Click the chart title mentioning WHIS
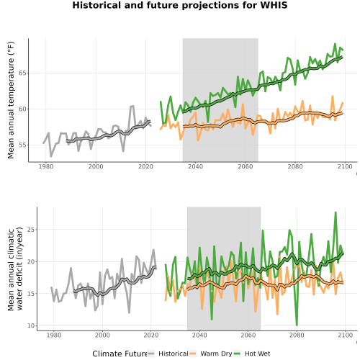180,5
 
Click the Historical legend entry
174,354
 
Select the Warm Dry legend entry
216,354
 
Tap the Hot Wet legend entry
257,354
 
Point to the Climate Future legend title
120,354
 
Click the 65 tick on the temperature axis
22,73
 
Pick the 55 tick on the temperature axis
22,145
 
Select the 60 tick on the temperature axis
22,109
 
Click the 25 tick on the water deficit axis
31,230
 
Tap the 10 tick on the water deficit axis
31,325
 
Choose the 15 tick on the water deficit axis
31,294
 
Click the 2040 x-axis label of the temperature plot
195,166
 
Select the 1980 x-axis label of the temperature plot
46,166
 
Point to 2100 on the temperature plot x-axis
345,166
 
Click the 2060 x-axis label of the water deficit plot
248,335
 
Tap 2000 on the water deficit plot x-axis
102,335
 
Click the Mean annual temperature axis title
11,100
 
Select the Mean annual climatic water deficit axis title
15,269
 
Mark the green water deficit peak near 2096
336,212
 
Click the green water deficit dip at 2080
297,325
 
